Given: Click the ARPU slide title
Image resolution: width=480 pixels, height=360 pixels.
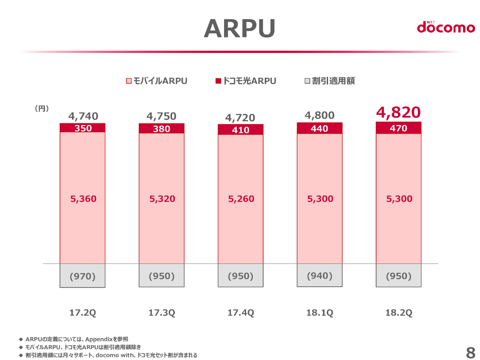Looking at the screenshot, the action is pyautogui.click(x=240, y=29).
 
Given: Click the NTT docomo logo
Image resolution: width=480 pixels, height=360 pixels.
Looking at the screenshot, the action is pyautogui.click(x=446, y=27).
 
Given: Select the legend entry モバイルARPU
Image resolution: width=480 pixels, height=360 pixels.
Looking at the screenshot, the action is pyautogui.click(x=157, y=81).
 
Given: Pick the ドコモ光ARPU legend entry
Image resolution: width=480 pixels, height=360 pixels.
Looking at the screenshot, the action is pyautogui.click(x=246, y=81).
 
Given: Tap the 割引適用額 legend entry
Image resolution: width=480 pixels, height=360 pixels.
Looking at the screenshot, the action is pyautogui.click(x=330, y=81).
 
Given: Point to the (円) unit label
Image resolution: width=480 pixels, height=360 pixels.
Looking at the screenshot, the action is pyautogui.click(x=42, y=108).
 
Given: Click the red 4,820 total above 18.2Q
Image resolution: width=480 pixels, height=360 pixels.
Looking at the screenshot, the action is pyautogui.click(x=398, y=112).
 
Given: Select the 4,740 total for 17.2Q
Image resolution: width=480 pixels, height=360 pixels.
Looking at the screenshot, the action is pyautogui.click(x=83, y=116).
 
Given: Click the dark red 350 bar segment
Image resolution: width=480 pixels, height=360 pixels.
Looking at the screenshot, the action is pyautogui.click(x=82, y=127).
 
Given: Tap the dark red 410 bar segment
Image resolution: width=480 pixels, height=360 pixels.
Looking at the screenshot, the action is pyautogui.click(x=240, y=129).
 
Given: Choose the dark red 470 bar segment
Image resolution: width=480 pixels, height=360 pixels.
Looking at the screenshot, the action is pyautogui.click(x=398, y=128).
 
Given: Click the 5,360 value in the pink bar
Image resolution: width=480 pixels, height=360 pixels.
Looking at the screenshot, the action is pyautogui.click(x=83, y=199).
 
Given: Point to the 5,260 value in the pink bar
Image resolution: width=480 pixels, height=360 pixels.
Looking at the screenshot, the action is pyautogui.click(x=241, y=199).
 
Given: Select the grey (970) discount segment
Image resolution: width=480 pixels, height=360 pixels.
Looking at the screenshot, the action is pyautogui.click(x=82, y=276).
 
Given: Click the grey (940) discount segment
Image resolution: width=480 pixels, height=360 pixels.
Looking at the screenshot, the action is pyautogui.click(x=320, y=275).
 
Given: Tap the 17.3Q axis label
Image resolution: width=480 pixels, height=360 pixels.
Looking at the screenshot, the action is pyautogui.click(x=162, y=313).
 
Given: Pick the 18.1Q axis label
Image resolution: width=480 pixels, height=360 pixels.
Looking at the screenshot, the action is pyautogui.click(x=320, y=313).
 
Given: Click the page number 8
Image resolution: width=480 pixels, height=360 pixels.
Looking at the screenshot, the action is pyautogui.click(x=471, y=352).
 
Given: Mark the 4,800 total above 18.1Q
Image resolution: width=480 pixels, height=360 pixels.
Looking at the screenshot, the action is pyautogui.click(x=320, y=115).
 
